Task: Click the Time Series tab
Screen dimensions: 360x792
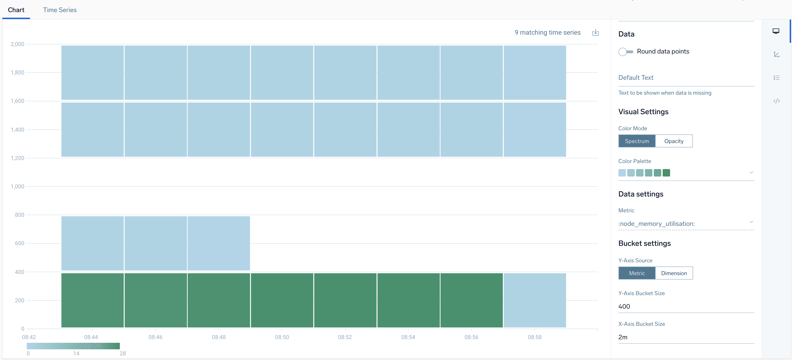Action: pos(60,10)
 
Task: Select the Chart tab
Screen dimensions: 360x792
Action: pos(16,10)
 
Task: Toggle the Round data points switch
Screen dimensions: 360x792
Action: pos(625,52)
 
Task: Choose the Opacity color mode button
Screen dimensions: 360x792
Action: pos(674,141)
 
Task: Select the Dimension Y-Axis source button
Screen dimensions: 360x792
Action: pos(674,273)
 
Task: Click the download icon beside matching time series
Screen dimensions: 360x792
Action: pos(595,33)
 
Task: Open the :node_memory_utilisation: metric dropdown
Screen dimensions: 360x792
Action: pos(686,223)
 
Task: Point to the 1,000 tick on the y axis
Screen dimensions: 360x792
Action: pos(17,187)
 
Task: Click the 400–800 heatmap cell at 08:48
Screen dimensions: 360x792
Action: pos(219,243)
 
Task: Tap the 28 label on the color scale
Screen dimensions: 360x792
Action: pos(123,353)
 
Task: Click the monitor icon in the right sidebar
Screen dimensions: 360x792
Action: pos(776,31)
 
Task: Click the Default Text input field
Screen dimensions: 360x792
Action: pos(686,78)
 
